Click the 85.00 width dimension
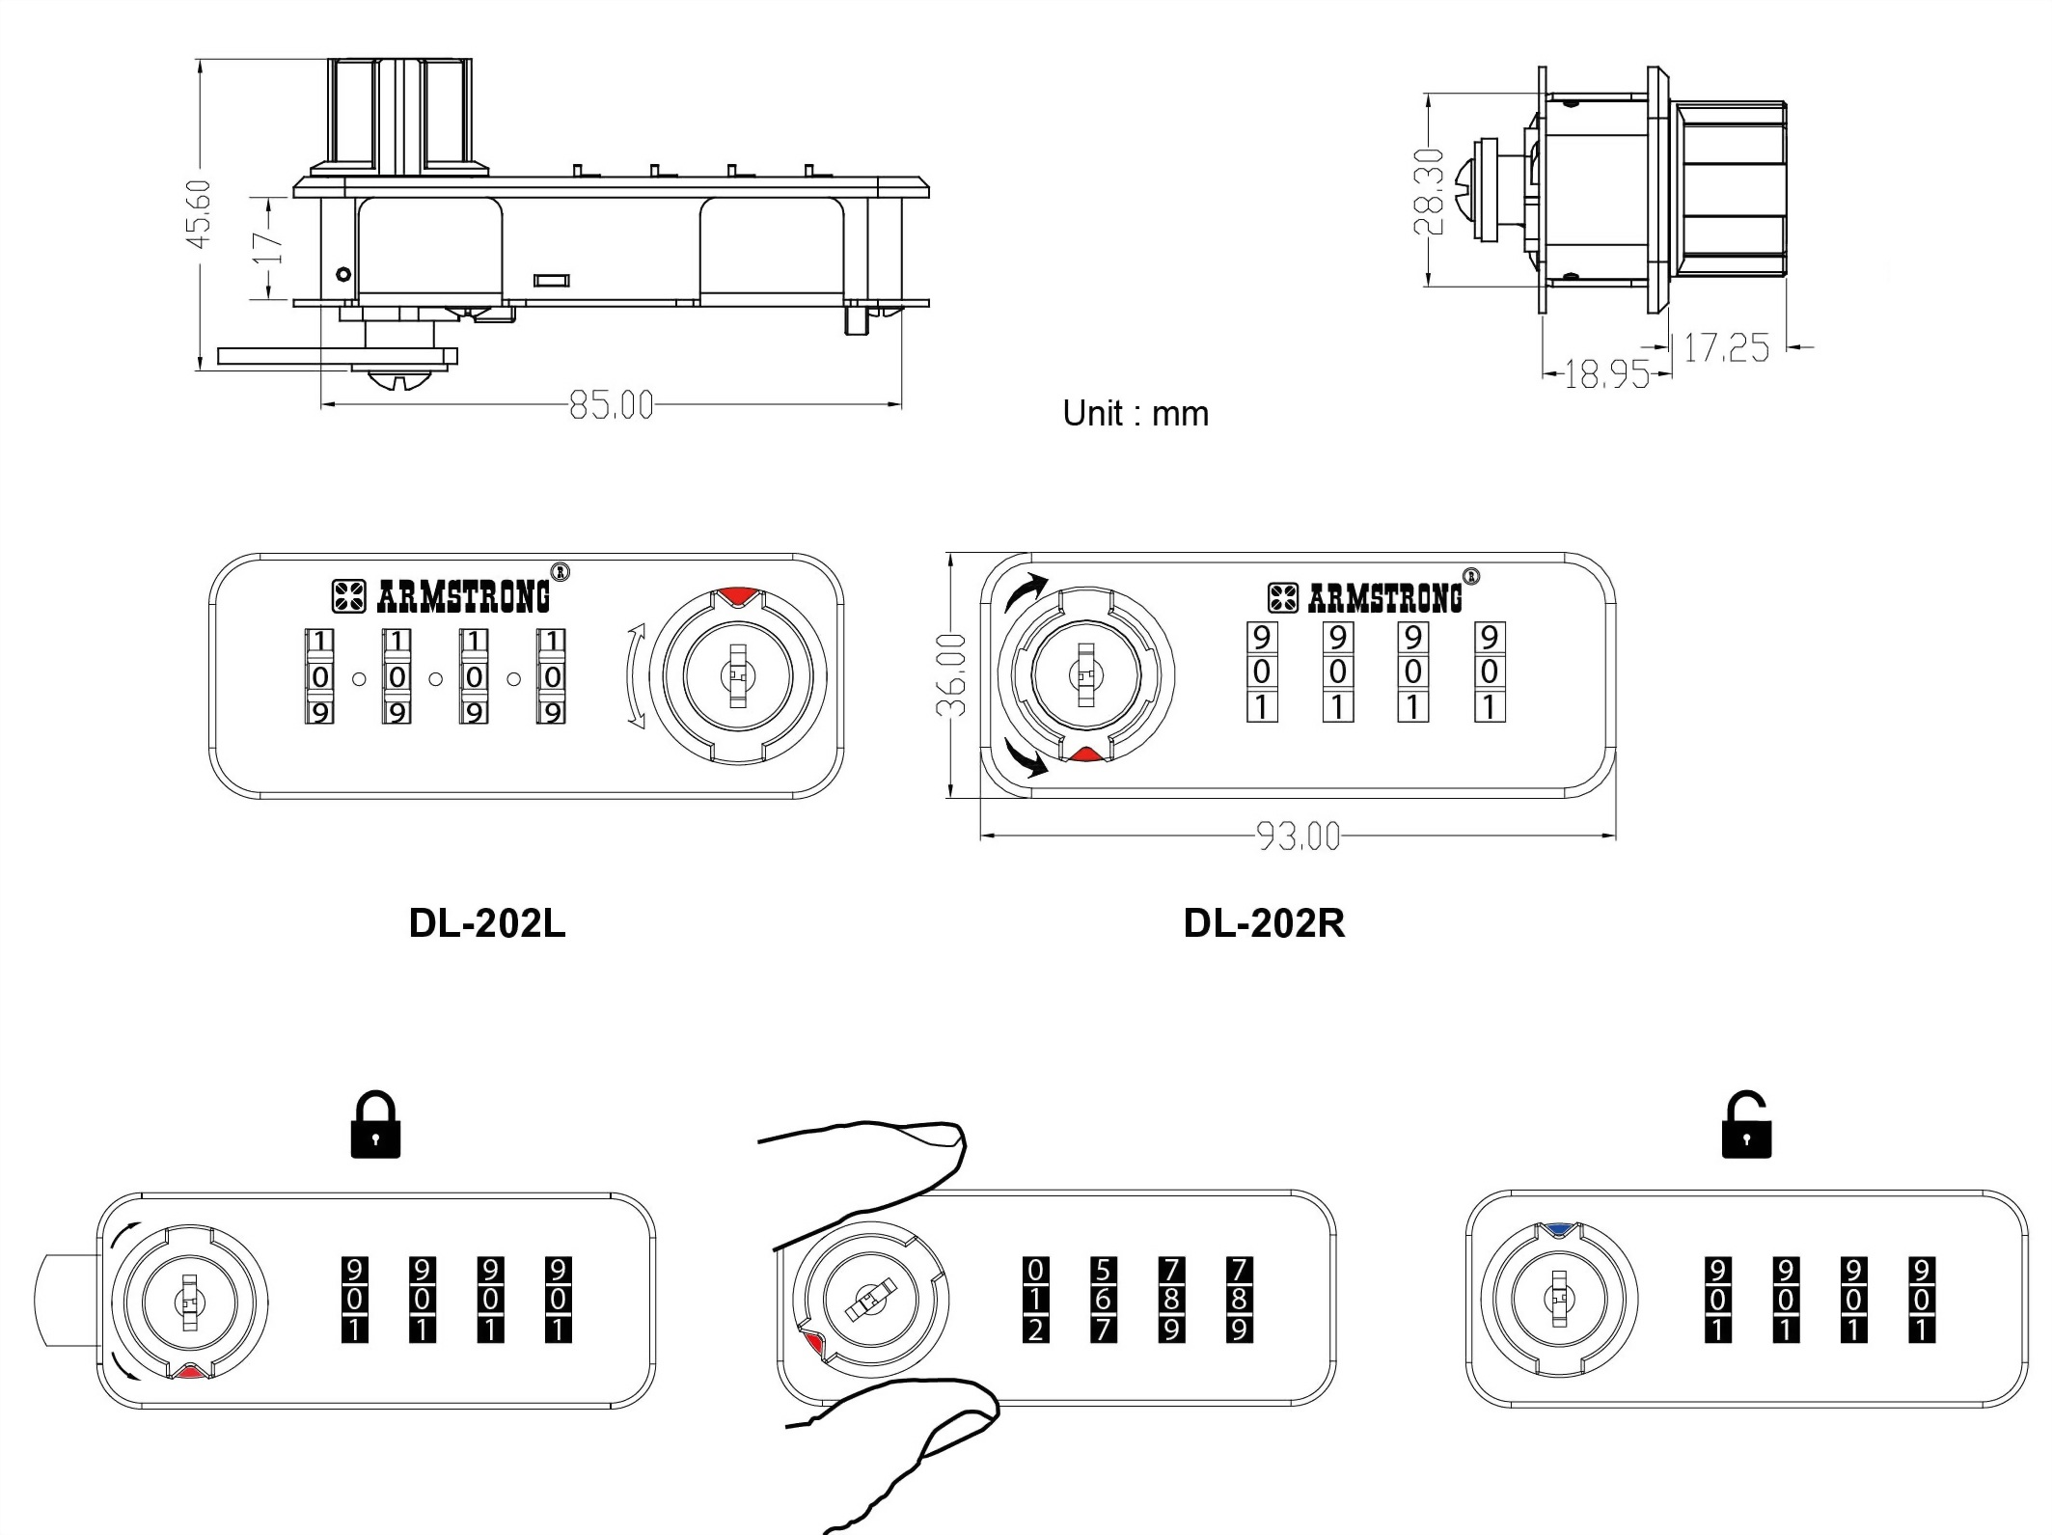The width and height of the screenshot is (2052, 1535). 611,404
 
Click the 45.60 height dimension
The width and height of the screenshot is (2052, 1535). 199,213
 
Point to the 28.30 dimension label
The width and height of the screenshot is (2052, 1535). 1429,191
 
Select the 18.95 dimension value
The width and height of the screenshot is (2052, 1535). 1605,373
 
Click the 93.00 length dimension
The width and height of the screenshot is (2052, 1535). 1299,836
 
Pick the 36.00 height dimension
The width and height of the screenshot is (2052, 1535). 951,675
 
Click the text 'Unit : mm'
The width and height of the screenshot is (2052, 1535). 1135,414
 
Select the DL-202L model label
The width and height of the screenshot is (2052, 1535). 487,923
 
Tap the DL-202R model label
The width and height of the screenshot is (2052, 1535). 1264,923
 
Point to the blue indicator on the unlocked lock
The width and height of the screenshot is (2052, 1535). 1558,1230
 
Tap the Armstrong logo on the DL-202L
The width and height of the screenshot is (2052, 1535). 348,596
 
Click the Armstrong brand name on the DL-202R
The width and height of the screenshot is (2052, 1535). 1384,599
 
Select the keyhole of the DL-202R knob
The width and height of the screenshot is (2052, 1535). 1086,674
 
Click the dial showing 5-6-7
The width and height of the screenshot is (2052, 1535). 1103,1300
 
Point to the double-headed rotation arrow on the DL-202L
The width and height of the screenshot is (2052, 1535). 634,674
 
